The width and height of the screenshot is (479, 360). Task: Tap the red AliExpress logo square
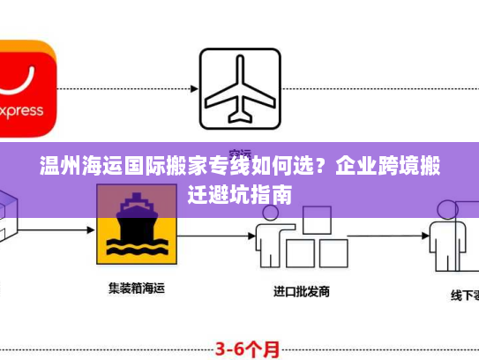(x=26, y=88)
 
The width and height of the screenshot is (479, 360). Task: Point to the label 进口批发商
(x=302, y=290)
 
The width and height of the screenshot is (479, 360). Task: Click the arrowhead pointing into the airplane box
(x=191, y=88)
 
